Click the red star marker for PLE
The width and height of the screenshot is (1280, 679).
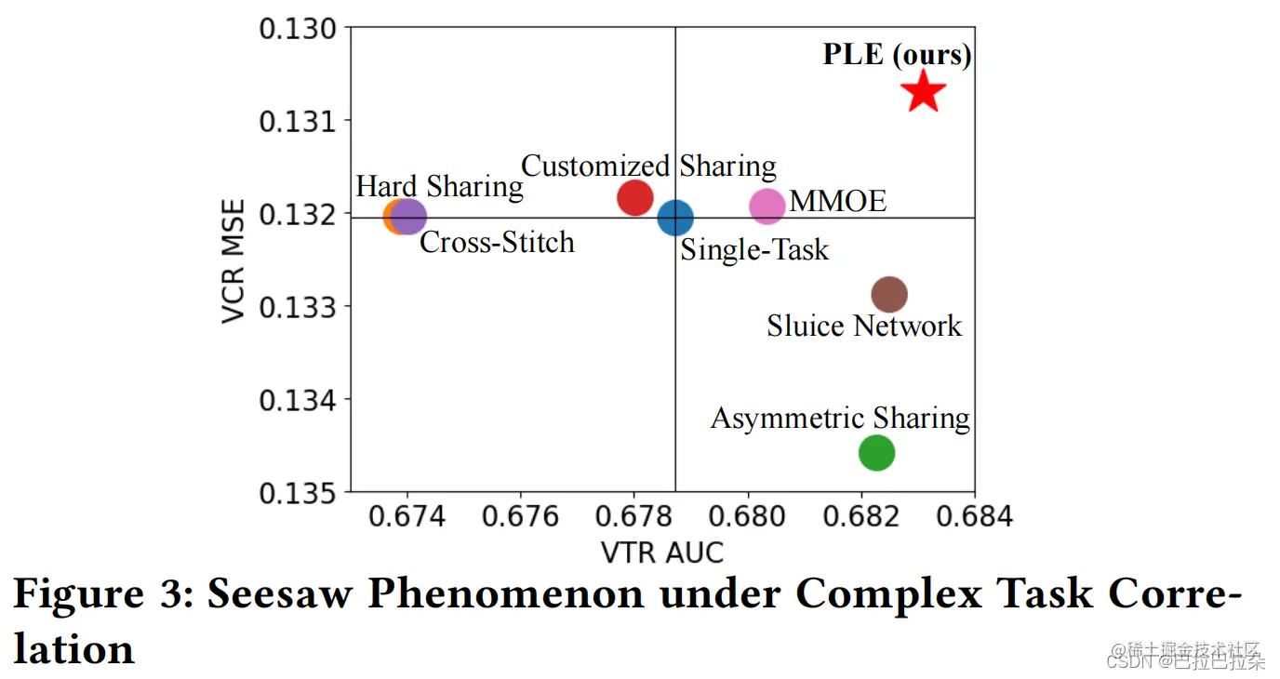point(922,92)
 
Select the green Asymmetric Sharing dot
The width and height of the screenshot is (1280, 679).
point(876,453)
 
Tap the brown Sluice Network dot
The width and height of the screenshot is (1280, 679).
point(889,294)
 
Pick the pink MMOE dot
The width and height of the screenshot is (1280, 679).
point(767,206)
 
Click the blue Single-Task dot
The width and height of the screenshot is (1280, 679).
point(675,218)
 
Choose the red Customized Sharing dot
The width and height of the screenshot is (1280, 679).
point(634,197)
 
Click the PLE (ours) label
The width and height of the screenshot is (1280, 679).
point(897,55)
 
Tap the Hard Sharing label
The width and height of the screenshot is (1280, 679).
point(439,186)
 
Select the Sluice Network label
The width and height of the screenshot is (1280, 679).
point(864,326)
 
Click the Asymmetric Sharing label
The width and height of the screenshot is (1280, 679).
point(840,418)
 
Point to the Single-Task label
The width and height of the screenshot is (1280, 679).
point(754,249)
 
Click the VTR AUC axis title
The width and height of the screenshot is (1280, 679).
point(662,552)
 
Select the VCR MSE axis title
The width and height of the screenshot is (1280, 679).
point(234,260)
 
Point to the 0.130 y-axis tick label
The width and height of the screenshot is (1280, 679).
point(297,28)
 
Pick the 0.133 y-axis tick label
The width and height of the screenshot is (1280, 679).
point(297,306)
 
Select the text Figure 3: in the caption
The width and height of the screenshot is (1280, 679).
point(101,593)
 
